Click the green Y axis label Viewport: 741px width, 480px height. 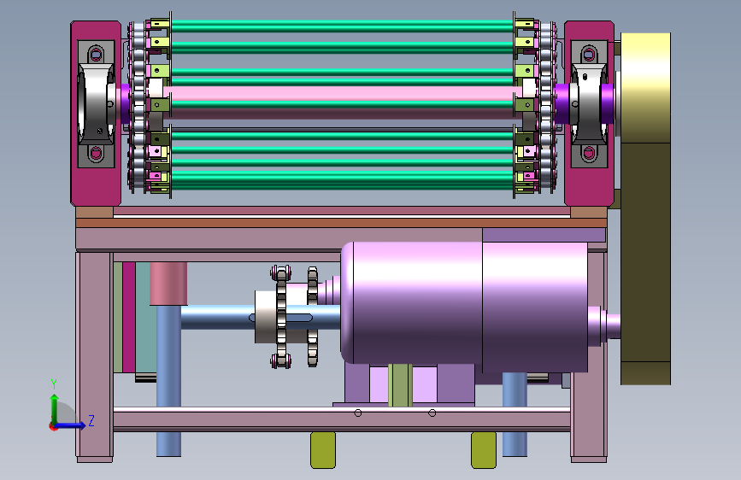coord(54,383)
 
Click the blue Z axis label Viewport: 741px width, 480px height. coord(91,420)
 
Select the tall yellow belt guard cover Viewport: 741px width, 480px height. coord(645,208)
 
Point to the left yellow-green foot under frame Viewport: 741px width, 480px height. coord(323,450)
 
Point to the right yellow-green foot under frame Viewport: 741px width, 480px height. coord(484,450)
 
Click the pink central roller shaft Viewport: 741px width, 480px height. coord(343,92)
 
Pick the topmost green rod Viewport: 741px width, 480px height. coord(343,26)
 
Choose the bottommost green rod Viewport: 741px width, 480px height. coord(343,181)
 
